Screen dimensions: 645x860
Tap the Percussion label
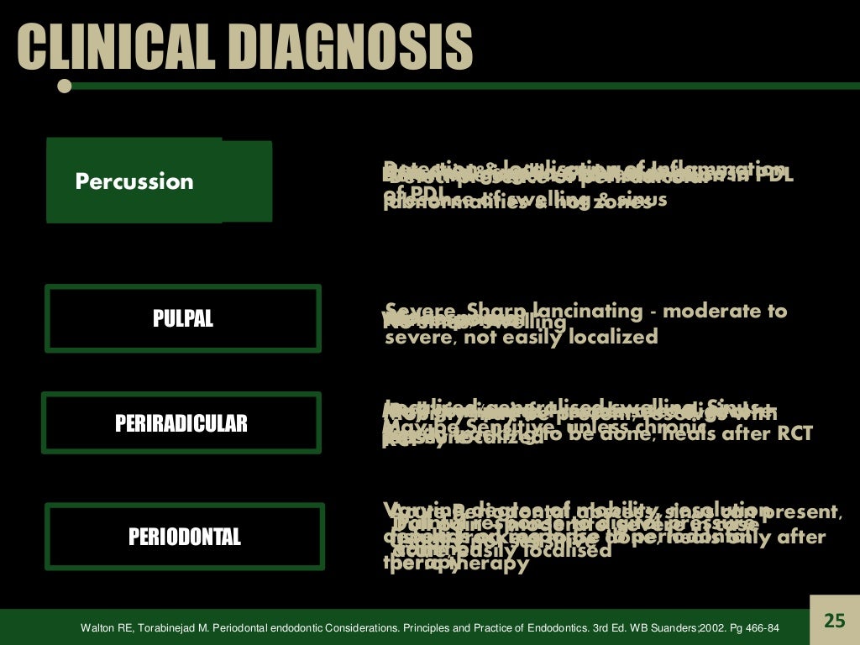(x=134, y=181)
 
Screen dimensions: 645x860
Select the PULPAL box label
(x=183, y=319)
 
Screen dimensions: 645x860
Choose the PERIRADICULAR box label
(x=181, y=423)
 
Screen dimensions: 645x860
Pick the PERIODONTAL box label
(x=184, y=537)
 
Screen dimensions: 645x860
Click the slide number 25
(x=834, y=621)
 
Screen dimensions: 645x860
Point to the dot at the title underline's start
(x=64, y=86)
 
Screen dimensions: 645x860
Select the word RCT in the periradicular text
(x=794, y=434)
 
